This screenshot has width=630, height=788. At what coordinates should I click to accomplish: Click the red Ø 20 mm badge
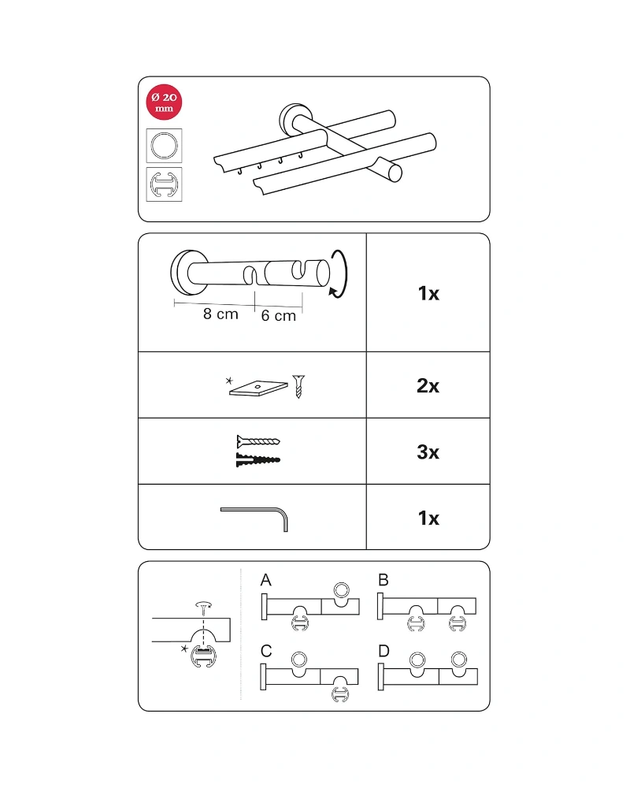click(x=164, y=102)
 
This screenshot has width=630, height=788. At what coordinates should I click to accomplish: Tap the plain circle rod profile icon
click(x=164, y=146)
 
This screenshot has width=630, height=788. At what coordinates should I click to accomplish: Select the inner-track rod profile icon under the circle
click(x=164, y=184)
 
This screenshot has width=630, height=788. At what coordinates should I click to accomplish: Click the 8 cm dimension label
click(x=220, y=314)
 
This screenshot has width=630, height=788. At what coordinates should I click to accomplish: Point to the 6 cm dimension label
click(x=278, y=316)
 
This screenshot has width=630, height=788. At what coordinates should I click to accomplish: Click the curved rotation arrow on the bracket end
click(x=342, y=274)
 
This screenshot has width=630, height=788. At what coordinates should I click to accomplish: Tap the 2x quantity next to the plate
click(x=428, y=386)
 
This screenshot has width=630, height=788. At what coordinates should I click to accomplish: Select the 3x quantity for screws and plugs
click(x=428, y=452)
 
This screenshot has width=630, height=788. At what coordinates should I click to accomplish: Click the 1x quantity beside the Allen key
click(x=428, y=519)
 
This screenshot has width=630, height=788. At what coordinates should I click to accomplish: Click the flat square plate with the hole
click(x=258, y=388)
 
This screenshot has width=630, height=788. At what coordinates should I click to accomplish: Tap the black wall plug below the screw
click(x=258, y=459)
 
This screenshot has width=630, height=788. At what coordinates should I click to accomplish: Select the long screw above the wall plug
click(x=258, y=442)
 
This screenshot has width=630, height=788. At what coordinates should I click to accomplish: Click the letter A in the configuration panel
click(x=265, y=580)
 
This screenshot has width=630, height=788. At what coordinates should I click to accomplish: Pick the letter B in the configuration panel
click(x=384, y=580)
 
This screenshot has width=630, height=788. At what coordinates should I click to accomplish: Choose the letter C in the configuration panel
click(x=266, y=652)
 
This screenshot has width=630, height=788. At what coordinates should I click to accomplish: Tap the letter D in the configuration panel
click(x=384, y=652)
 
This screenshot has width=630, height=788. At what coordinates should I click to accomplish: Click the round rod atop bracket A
click(x=342, y=590)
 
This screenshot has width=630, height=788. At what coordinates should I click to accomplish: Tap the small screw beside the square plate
click(x=299, y=386)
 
